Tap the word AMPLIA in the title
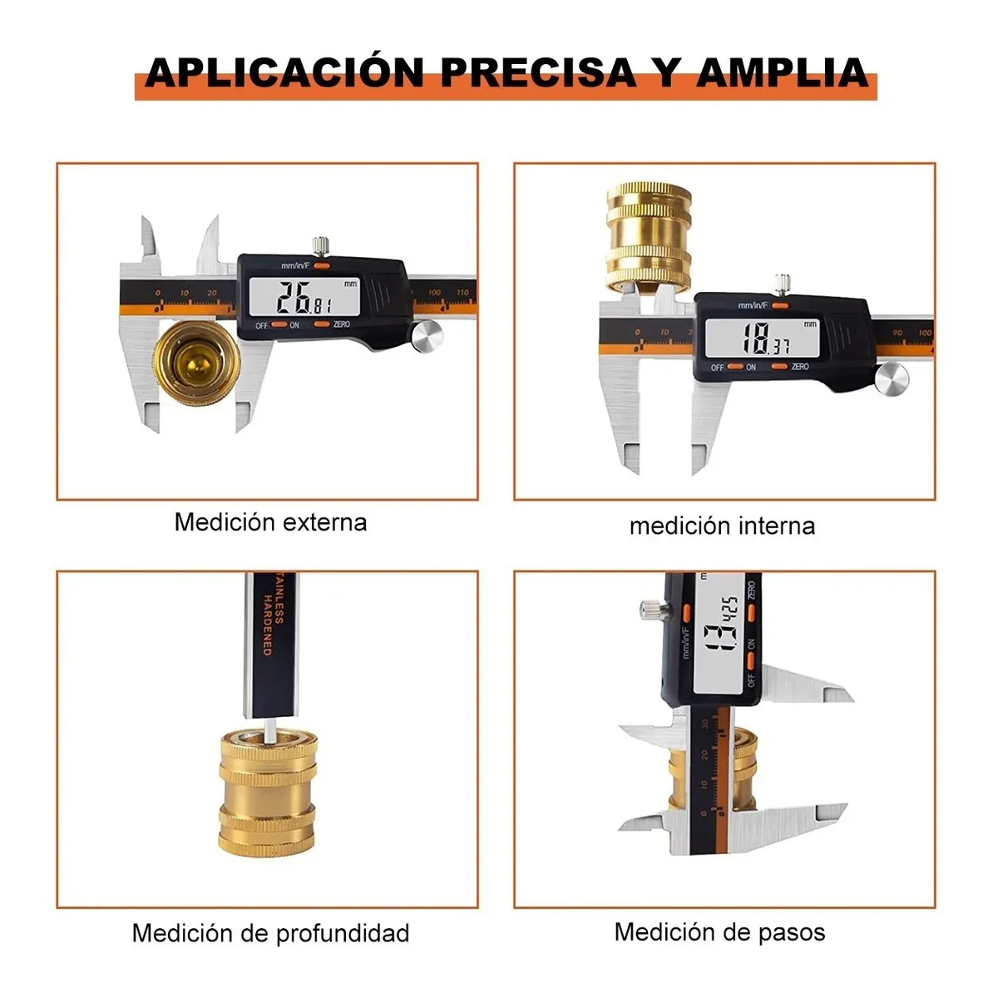782,72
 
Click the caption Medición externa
270,522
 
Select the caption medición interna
722,526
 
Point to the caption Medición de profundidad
270,933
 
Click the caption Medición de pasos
719,931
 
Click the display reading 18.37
763,338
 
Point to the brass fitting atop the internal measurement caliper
649,237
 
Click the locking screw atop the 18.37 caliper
781,284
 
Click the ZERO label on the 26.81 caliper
342,324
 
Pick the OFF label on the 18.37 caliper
717,367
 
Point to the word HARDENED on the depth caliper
268,625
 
